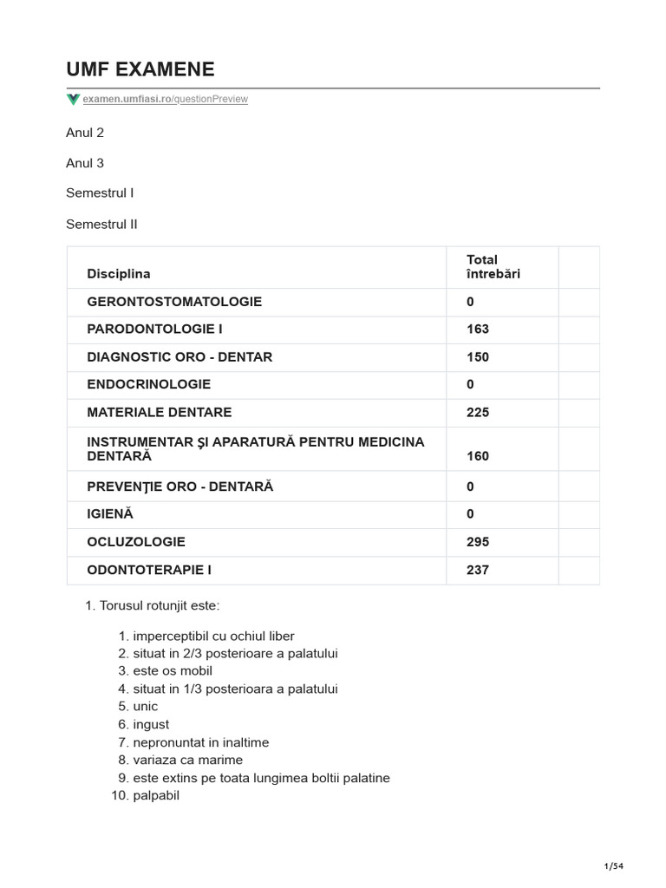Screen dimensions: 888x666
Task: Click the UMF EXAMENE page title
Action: pos(140,69)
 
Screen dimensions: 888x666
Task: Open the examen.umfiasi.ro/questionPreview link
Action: pos(166,99)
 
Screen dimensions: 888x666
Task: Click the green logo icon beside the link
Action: pos(73,99)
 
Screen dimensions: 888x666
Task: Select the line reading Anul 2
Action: pos(85,133)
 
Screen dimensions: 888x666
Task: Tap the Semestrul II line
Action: pos(101,224)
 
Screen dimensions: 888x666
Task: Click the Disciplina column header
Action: pos(119,274)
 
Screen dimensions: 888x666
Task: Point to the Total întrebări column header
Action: pos(493,266)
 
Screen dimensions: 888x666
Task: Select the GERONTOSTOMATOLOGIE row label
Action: pos(174,302)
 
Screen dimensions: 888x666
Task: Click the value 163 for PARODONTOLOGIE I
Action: pos(478,330)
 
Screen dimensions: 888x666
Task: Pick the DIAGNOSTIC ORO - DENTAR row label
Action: pos(180,357)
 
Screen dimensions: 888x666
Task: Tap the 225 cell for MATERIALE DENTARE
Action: pos(478,413)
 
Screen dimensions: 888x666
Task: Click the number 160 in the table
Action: pos(478,456)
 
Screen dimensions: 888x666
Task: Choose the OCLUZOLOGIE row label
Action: pos(136,542)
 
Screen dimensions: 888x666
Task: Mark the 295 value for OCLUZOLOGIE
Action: pos(478,542)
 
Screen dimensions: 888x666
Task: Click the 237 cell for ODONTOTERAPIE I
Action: pos(478,570)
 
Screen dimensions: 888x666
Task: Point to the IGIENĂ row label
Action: pos(110,514)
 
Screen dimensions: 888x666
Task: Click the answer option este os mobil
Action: pos(173,671)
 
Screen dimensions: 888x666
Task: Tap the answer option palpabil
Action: pos(156,795)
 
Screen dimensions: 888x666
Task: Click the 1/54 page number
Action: pos(613,866)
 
